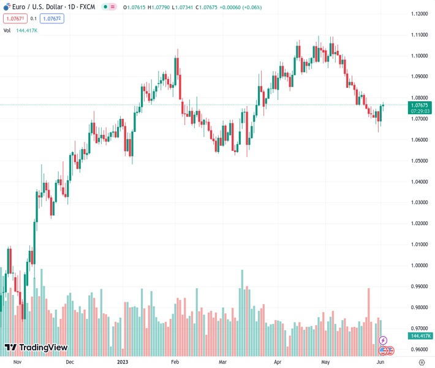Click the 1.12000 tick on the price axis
click(419, 14)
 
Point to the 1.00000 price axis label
click(419, 266)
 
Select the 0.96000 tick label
click(419, 349)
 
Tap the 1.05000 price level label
click(419, 161)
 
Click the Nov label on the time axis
click(17, 362)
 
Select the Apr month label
click(279, 362)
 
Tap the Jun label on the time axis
click(380, 362)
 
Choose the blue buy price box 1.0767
click(52, 18)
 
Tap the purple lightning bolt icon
click(384, 340)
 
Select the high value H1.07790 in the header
click(161, 7)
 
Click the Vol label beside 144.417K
click(7, 30)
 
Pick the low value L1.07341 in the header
click(187, 7)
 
